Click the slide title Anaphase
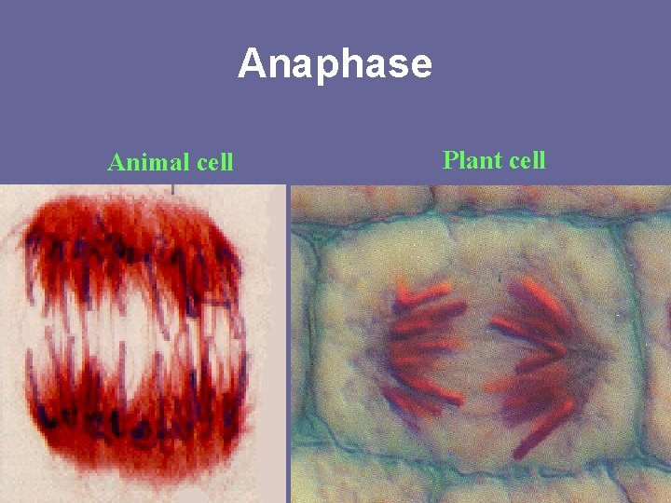(x=335, y=64)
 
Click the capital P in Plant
(x=451, y=159)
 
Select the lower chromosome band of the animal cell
(x=130, y=419)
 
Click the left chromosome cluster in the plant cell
(x=424, y=345)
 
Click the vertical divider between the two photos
(x=288, y=345)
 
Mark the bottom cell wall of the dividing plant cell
(x=466, y=470)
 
